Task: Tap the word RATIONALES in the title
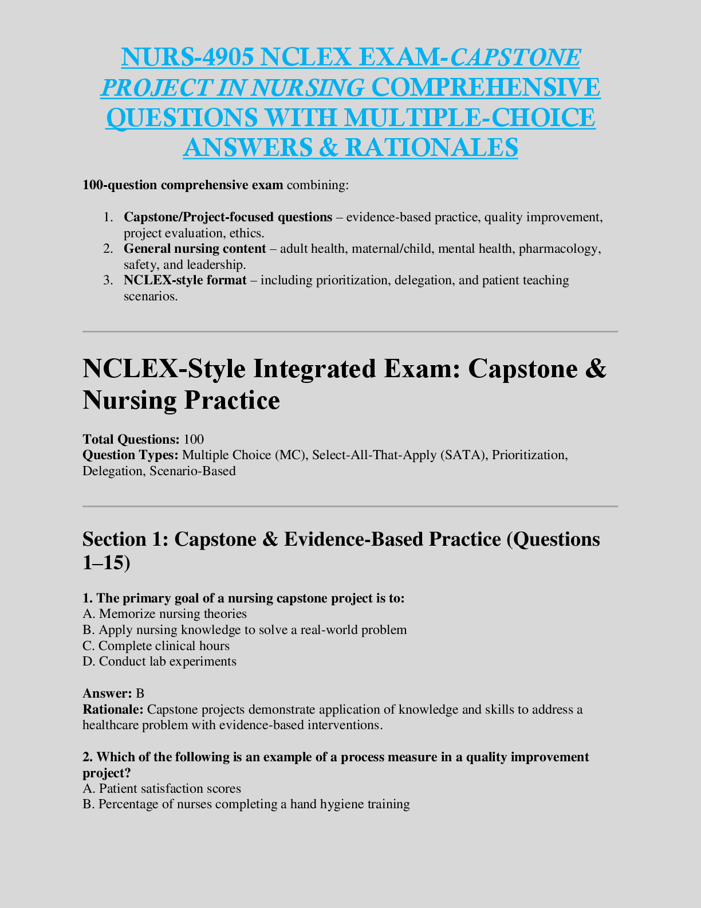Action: pos(431,147)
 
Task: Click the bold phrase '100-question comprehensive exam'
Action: pos(183,185)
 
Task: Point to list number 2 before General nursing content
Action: pos(109,249)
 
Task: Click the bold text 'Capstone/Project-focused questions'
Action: pos(228,217)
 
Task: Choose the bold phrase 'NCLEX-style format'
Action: pos(185,280)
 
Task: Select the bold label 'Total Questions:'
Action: pos(131,440)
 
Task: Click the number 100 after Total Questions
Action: pos(194,440)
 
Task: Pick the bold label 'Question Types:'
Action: pos(131,455)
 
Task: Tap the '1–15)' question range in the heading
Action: pos(107,563)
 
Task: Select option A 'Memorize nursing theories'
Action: pos(165,614)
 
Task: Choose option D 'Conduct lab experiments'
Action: pos(160,662)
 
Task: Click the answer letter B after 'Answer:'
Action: pos(140,694)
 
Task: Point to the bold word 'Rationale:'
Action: pos(113,710)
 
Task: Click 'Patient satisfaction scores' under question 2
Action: pos(170,789)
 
